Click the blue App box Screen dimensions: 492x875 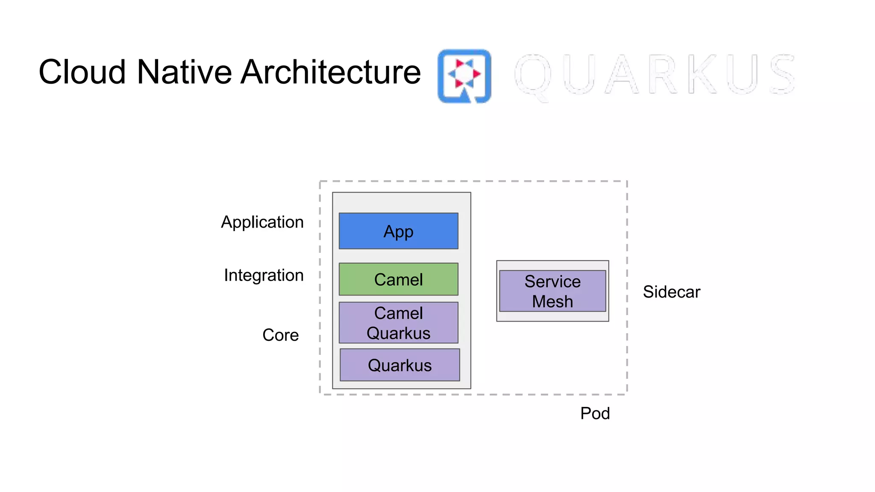[398, 231]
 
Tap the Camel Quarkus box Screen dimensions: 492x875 [398, 323]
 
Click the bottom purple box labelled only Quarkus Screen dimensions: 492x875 [399, 365]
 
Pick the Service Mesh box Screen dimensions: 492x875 [552, 291]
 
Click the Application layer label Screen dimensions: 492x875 [262, 222]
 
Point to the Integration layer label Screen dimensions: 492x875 [264, 275]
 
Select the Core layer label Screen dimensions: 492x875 [280, 335]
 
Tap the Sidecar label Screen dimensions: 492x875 [671, 292]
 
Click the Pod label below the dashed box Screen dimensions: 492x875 [595, 413]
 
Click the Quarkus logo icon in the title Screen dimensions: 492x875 [464, 76]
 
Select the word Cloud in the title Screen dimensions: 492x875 [82, 72]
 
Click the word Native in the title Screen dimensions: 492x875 [185, 72]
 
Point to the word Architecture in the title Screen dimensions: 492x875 [331, 72]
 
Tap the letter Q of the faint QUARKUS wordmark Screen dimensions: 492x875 [533, 76]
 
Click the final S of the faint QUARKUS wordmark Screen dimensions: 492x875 [782, 74]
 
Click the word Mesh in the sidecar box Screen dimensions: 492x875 [552, 302]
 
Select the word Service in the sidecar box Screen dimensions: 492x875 [552, 281]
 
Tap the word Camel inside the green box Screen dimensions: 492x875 [398, 280]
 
